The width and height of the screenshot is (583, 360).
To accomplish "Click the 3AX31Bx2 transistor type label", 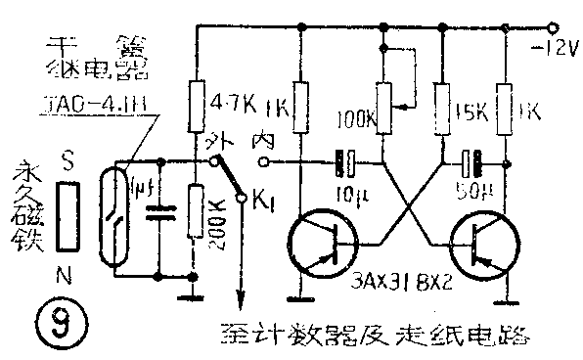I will pyautogui.click(x=400, y=288).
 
